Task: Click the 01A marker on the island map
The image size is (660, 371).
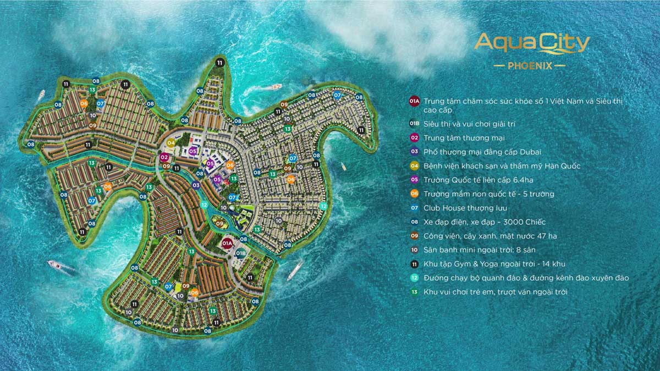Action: click(x=227, y=243)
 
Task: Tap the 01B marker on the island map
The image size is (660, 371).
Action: click(x=240, y=253)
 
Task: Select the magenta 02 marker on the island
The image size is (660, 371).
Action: click(x=164, y=157)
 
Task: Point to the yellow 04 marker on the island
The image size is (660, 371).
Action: click(x=171, y=143)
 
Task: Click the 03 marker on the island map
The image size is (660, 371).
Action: click(x=196, y=186)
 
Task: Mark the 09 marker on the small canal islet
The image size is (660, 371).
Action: click(x=219, y=224)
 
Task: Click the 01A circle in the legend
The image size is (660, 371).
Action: click(x=414, y=102)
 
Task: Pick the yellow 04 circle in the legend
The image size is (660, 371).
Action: click(x=414, y=166)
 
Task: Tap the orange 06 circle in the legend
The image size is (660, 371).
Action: click(x=414, y=194)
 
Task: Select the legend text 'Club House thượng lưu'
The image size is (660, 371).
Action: click(x=465, y=208)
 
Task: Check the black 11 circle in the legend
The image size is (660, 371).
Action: click(x=414, y=264)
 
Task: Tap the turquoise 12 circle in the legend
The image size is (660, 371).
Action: click(x=414, y=278)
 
